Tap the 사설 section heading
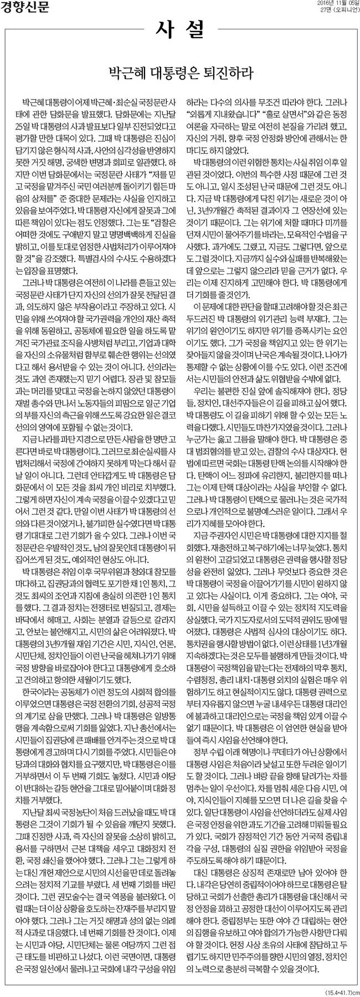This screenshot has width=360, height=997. click(179, 28)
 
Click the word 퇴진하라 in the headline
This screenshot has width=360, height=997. click(230, 72)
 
